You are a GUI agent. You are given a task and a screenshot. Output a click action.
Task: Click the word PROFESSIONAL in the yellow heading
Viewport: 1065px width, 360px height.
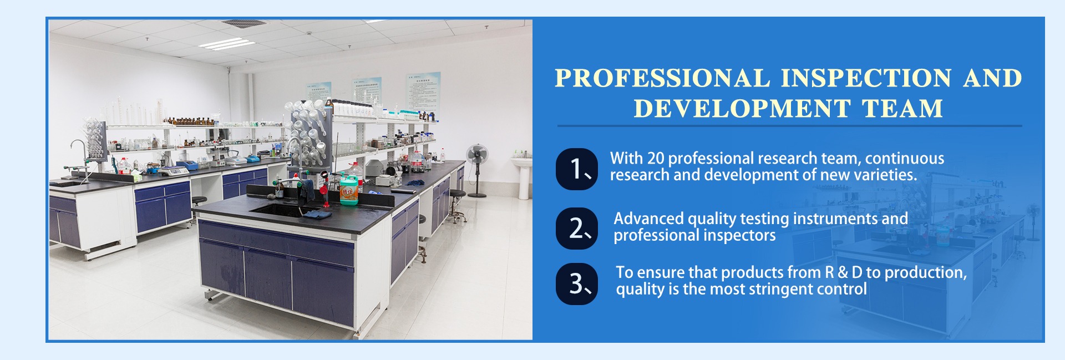[x=662, y=78]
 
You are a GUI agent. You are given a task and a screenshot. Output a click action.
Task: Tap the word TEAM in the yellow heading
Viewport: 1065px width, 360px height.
[x=902, y=108]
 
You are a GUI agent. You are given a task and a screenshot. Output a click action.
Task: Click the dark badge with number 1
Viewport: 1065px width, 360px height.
[x=577, y=169]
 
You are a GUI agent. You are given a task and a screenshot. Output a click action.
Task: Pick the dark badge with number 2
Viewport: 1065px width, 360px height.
[x=577, y=229]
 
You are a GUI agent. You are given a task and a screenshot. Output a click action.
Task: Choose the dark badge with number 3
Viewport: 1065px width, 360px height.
[x=577, y=284]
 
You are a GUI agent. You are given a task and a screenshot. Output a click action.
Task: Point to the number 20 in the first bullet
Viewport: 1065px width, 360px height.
[x=656, y=159]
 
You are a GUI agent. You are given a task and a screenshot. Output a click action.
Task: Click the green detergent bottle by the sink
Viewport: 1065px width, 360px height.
[x=349, y=189]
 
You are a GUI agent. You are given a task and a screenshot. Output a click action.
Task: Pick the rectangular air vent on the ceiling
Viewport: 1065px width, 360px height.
[x=244, y=23]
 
